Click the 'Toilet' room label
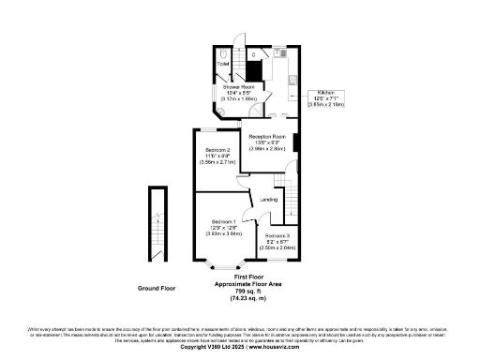224,65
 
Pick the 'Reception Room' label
267,137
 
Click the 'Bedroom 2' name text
216,151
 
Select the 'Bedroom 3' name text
275,236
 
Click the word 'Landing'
268,200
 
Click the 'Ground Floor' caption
157,289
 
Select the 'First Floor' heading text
248,278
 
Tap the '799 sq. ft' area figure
248,290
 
